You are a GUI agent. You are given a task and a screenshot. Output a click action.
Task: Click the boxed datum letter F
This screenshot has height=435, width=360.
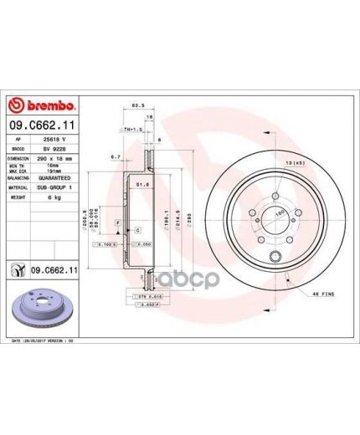[x=118, y=220]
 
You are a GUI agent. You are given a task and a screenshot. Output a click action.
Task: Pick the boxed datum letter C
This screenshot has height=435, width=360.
[x=137, y=229]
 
